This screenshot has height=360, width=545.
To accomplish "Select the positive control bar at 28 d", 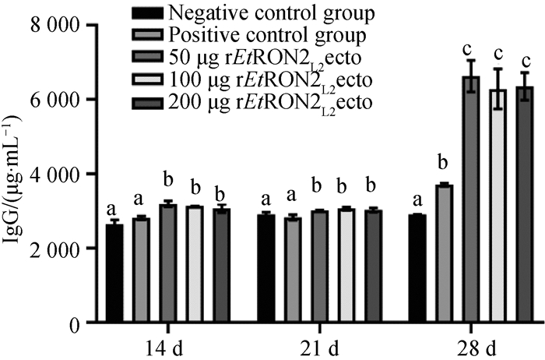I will pyautogui.click(x=443, y=253).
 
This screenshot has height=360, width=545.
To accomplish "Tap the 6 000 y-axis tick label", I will pyautogui.click(x=55, y=100).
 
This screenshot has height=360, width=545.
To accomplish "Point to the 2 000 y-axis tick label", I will pyautogui.click(x=55, y=249).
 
